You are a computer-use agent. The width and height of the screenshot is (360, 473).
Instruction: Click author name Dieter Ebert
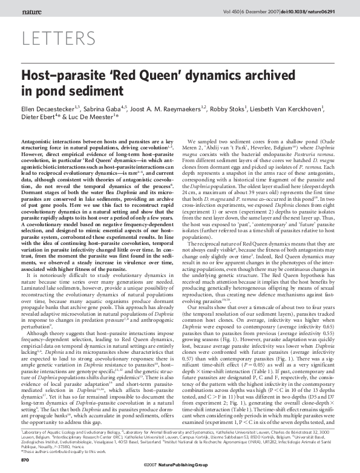click(x=39, y=119)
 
